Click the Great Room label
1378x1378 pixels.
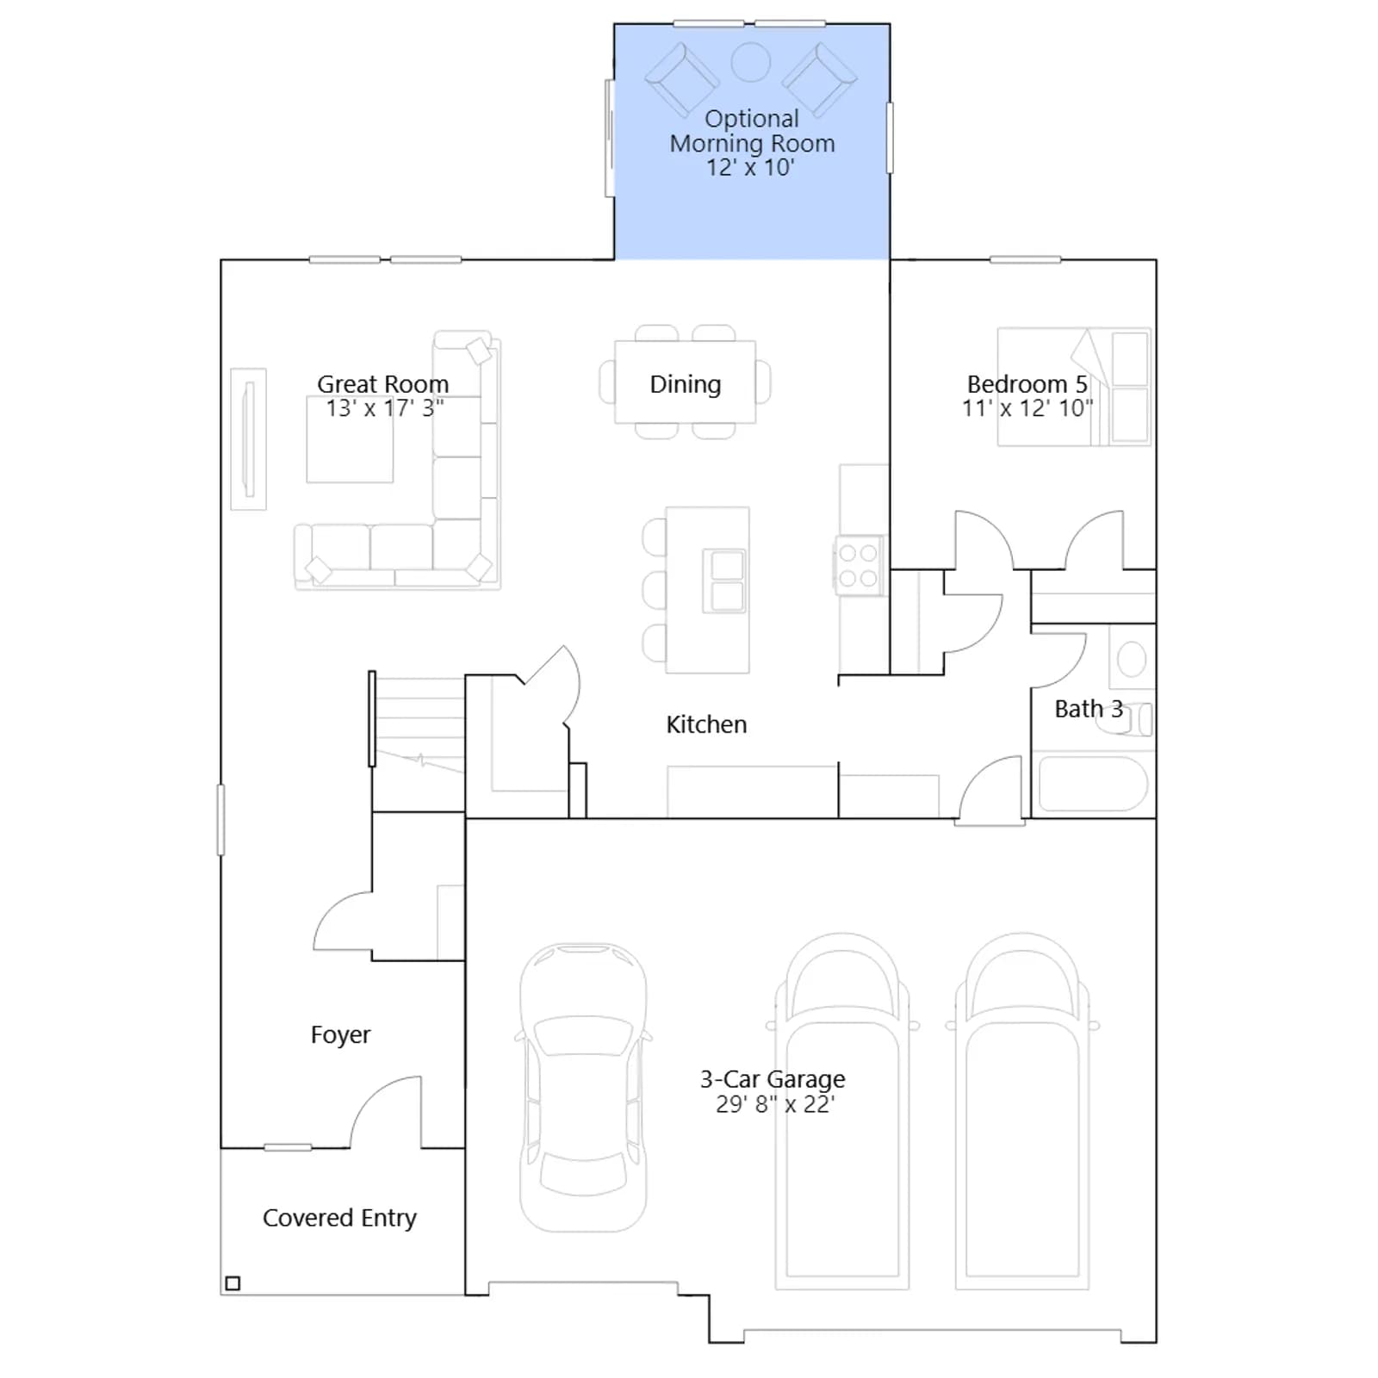[x=382, y=384]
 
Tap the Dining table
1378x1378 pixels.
[x=686, y=382]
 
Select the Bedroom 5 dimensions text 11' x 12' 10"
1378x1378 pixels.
[x=1027, y=408]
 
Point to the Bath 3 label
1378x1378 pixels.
[x=1089, y=709]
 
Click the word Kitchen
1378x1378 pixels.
[x=706, y=724]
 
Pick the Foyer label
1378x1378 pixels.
[x=340, y=1034]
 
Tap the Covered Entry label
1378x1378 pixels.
[x=339, y=1218]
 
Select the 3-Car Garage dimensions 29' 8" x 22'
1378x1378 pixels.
[x=775, y=1104]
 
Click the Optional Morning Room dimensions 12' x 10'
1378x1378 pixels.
[x=750, y=168]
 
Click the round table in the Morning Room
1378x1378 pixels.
[x=750, y=62]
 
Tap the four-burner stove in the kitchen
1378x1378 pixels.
[x=858, y=566]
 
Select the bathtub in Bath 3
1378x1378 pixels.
[x=1093, y=783]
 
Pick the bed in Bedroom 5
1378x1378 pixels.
[x=1074, y=387]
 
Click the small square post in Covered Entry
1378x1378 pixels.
[x=233, y=1283]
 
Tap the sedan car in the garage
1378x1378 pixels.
[x=583, y=1088]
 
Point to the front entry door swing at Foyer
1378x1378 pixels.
[x=385, y=1111]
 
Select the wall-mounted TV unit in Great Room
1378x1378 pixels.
[x=249, y=439]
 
